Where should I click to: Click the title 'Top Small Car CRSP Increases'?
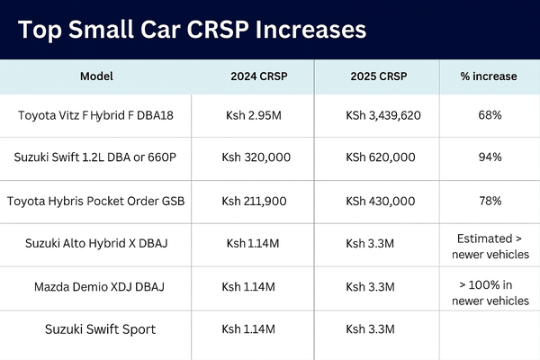point(193,29)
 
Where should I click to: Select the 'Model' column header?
point(97,76)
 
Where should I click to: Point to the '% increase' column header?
point(490,76)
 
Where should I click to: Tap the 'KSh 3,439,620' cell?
point(383,115)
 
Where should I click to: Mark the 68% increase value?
point(490,115)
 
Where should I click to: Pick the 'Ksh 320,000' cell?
point(256,157)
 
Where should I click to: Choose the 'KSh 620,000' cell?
point(380,157)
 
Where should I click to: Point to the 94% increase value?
point(490,157)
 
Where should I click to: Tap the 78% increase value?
point(490,201)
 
